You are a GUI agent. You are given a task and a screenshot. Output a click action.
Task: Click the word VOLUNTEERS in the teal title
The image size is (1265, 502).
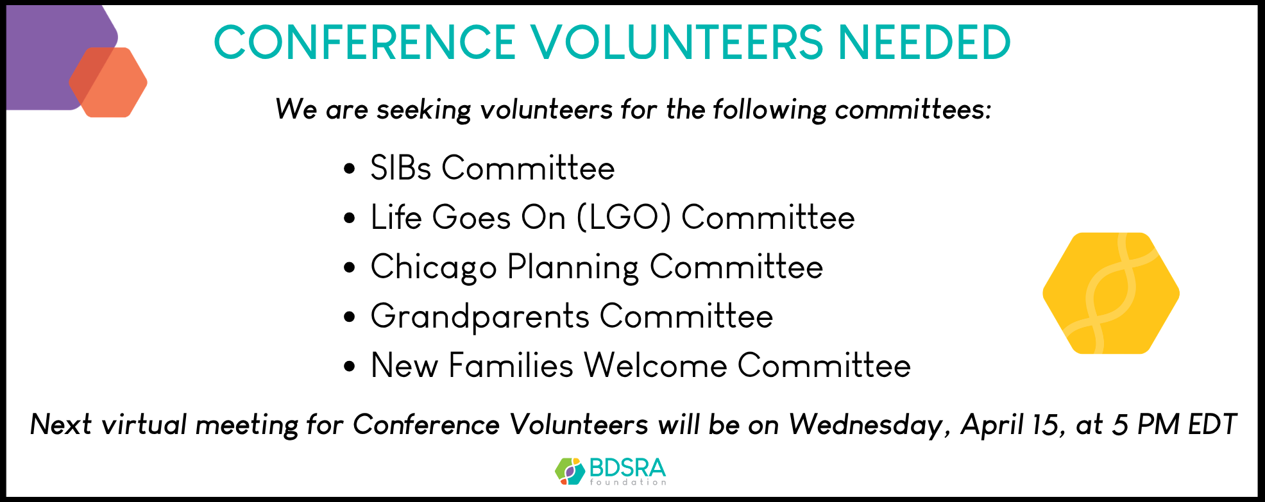pos(677,42)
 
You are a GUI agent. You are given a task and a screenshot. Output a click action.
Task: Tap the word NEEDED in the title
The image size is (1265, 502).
pos(924,42)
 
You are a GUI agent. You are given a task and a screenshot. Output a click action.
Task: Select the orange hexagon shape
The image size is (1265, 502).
pos(108,82)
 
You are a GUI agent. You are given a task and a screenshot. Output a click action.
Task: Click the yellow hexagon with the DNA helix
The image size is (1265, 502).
pos(1111,293)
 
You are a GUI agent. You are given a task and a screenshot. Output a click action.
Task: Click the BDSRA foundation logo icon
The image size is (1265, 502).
pos(570,471)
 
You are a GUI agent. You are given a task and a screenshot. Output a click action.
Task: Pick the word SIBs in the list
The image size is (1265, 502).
pos(400,168)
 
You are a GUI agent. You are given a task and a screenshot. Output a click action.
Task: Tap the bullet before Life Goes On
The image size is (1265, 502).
pos(350,218)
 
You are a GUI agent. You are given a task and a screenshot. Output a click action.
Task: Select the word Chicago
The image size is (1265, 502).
pos(434,267)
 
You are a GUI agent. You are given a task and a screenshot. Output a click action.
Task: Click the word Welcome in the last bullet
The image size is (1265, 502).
pos(656,365)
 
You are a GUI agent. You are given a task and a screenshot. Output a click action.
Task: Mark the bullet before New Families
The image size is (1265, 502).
pos(350,367)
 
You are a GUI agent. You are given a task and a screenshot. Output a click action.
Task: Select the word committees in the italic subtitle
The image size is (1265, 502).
pos(913,110)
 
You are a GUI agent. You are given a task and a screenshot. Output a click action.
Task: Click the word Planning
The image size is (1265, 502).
pos(573,267)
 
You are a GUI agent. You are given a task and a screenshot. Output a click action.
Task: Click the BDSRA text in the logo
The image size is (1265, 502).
pos(627,468)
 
